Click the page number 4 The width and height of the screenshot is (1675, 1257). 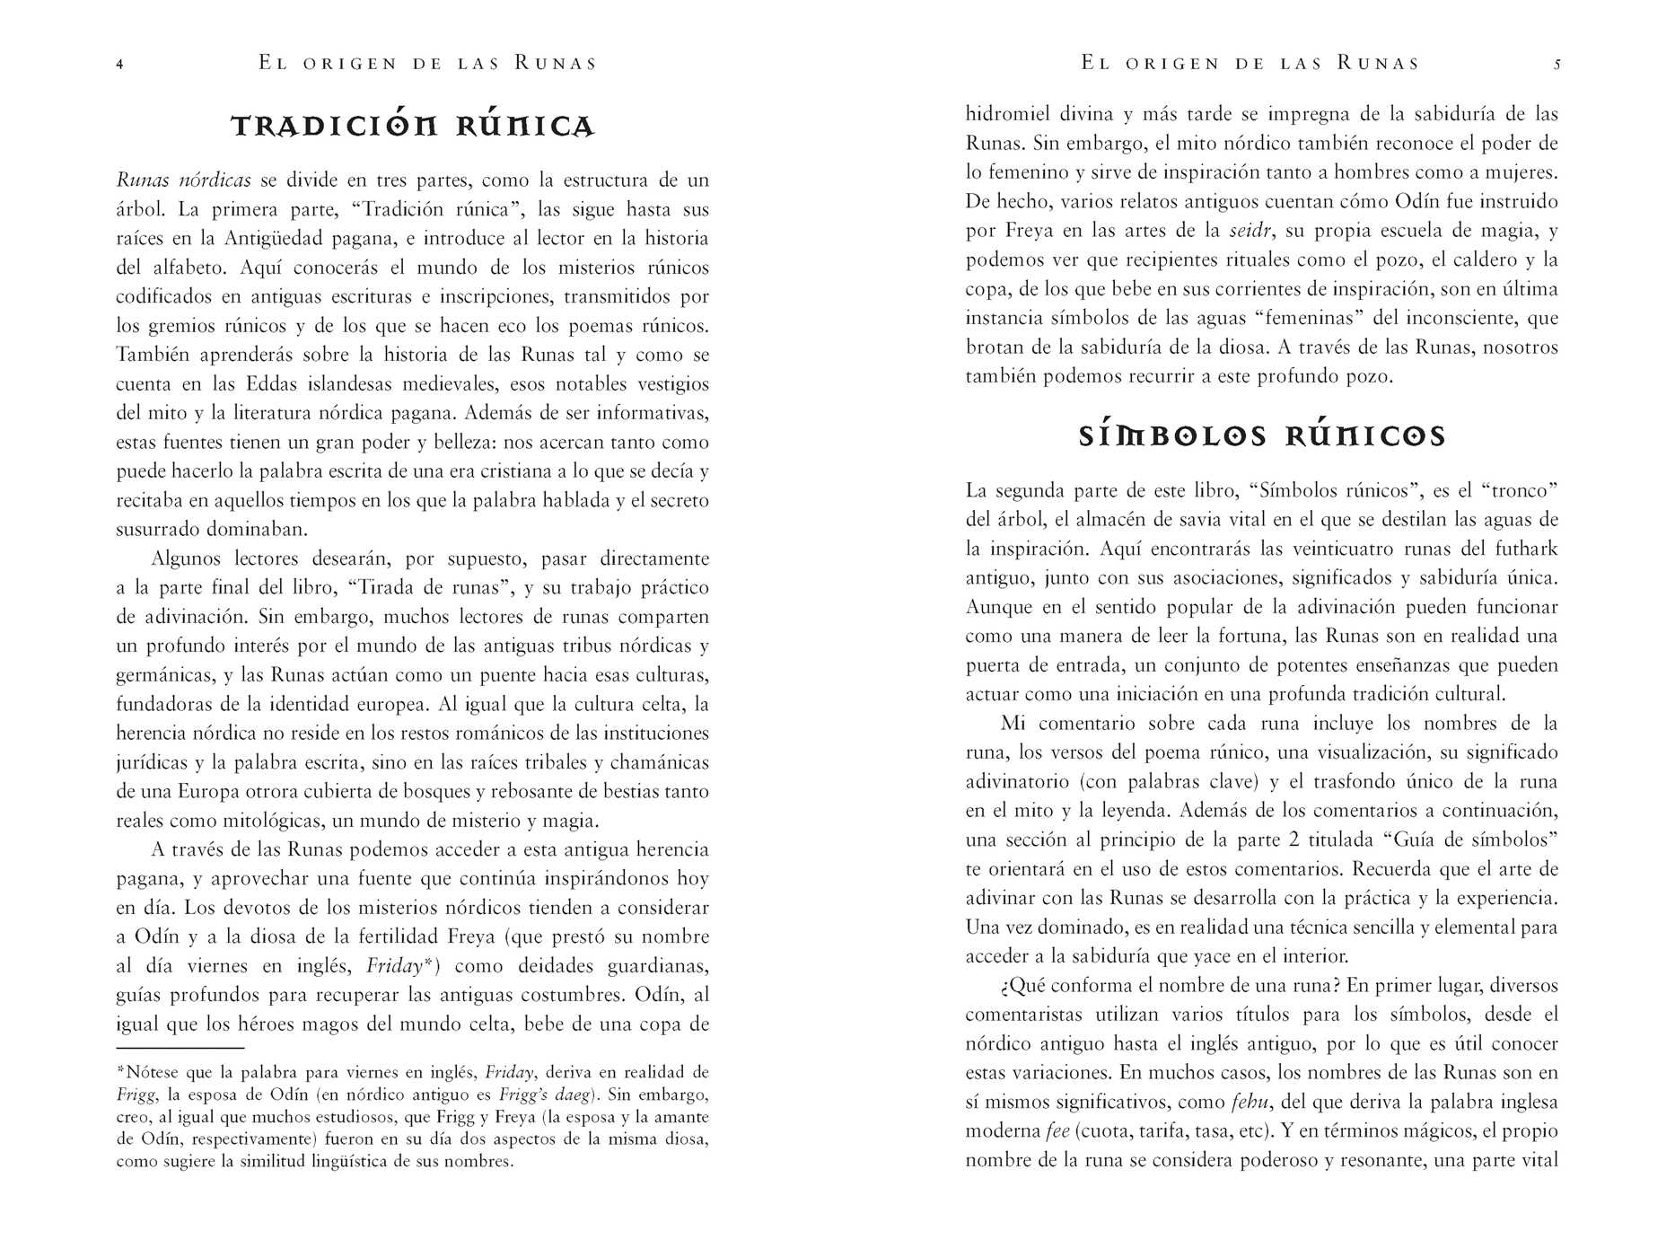tap(119, 65)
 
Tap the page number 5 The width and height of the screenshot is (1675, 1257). tap(1557, 65)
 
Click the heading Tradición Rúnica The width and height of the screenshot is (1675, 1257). tap(413, 127)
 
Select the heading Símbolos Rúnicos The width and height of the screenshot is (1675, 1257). tap(1261, 436)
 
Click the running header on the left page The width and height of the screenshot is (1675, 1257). tap(427, 64)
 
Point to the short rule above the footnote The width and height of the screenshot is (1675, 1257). tap(180, 1048)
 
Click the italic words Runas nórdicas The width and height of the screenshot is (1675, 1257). tap(183, 180)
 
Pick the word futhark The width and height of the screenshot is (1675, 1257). tap(1526, 549)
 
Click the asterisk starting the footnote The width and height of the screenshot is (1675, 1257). tap(121, 1071)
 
